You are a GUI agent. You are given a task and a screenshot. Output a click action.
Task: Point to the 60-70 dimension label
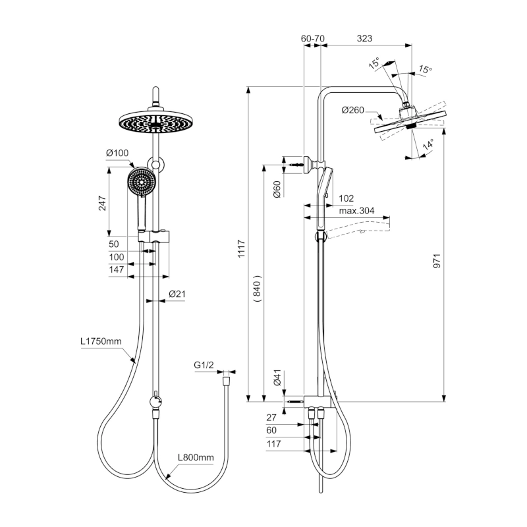313,39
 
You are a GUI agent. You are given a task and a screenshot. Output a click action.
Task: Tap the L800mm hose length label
196,457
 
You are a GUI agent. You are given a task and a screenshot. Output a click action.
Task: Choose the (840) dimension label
257,289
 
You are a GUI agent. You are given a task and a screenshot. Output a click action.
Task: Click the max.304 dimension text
357,211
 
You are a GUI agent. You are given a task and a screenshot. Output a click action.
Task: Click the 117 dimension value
274,444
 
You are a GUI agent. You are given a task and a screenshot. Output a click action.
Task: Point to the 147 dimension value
117,269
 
